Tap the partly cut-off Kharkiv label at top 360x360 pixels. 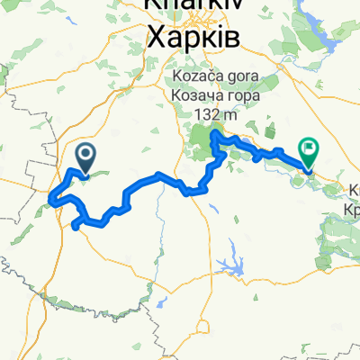pos(192,8)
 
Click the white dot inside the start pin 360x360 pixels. pos(86,155)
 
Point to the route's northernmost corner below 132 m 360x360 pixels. pos(213,134)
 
